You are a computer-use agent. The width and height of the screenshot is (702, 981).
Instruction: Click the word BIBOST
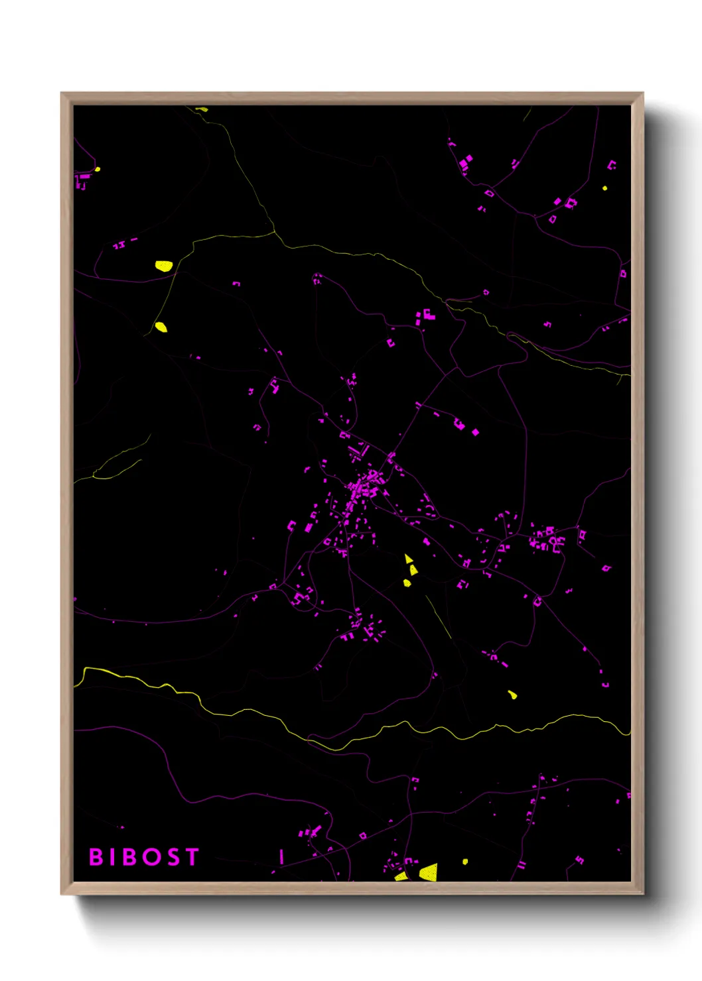(144, 857)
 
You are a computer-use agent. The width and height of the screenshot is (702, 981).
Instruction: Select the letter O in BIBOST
(152, 857)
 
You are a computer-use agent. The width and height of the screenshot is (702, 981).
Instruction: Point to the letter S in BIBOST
(173, 857)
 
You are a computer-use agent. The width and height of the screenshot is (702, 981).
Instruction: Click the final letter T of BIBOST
(192, 857)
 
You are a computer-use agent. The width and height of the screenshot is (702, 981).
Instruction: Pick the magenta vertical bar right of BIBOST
(281, 856)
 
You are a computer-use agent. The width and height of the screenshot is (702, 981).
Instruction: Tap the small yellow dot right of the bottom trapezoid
(465, 862)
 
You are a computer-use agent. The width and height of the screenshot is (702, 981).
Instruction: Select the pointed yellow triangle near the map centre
(408, 559)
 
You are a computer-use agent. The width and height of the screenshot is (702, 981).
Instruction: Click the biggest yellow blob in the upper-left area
(163, 266)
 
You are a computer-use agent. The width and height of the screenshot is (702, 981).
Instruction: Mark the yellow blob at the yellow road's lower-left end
(161, 327)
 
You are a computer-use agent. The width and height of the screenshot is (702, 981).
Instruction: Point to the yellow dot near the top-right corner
(604, 188)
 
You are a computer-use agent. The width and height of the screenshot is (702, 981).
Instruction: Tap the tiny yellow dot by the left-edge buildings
(98, 169)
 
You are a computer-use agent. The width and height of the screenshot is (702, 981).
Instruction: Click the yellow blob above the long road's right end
(512, 695)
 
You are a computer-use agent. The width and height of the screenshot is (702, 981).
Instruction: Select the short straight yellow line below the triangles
(439, 616)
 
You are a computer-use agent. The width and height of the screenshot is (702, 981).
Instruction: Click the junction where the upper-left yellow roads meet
(274, 232)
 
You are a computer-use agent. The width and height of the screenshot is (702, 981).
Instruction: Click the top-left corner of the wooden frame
(62, 93)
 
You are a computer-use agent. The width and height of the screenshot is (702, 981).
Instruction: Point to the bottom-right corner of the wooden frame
(642, 894)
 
